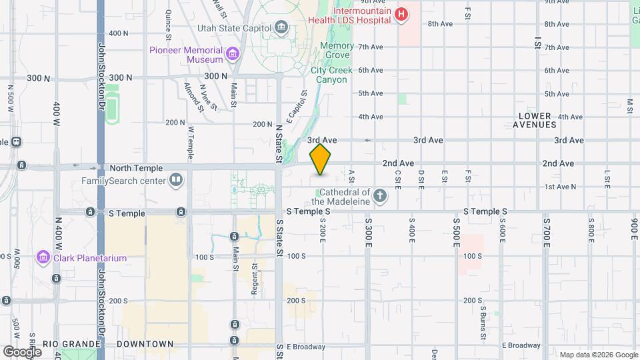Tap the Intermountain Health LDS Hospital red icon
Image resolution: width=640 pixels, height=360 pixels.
401,13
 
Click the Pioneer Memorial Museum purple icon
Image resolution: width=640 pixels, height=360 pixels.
233,53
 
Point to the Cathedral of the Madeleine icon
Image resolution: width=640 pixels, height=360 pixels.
380,195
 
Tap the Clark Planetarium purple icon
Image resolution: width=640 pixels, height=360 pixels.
44,257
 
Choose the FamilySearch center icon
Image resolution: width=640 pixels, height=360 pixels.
176,179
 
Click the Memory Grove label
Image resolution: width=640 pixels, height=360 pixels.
336,50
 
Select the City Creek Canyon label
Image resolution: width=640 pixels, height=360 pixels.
329,75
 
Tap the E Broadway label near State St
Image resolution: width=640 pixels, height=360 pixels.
306,347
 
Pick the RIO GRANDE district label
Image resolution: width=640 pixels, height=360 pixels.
71,344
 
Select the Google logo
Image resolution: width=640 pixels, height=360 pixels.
22,351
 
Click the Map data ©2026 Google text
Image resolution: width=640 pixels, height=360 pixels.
598,355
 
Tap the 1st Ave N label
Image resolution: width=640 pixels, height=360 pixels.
560,187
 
